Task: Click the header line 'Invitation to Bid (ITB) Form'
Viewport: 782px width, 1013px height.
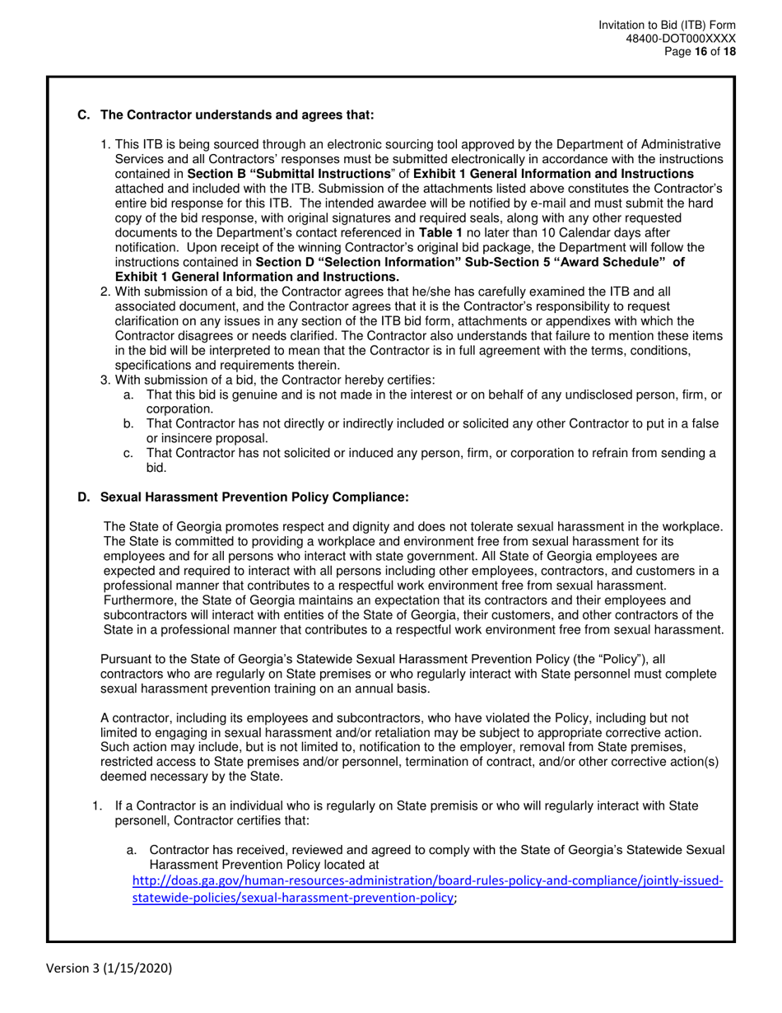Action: pos(668,26)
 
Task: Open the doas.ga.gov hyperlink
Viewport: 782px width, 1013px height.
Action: pos(427,888)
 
